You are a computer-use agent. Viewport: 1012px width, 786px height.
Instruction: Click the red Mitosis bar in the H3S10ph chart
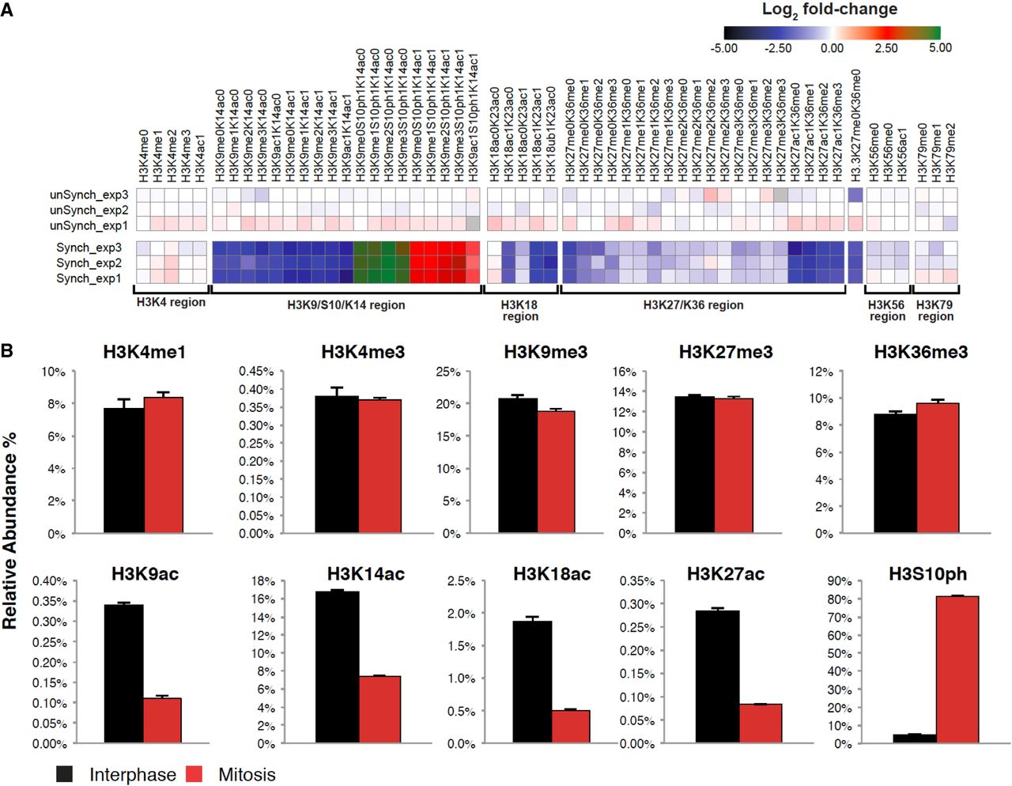pos(957,669)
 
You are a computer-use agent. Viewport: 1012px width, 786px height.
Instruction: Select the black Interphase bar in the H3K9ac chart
pos(123,673)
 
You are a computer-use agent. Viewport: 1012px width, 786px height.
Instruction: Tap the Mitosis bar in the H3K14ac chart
pos(379,709)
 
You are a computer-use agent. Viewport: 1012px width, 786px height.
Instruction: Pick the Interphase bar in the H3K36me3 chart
pos(896,473)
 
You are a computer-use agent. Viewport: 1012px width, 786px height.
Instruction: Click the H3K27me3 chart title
pos(726,352)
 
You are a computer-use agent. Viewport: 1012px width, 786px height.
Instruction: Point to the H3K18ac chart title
pos(552,573)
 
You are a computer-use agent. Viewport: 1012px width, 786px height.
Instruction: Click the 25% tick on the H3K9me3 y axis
pos(448,372)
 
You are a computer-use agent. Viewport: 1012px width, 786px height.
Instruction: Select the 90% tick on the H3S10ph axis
pos(839,580)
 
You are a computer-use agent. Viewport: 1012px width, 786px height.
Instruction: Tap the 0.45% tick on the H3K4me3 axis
pos(256,372)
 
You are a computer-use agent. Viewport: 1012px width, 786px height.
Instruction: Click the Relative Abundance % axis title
pos(9,531)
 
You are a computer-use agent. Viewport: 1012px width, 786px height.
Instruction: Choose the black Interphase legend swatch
pos(64,773)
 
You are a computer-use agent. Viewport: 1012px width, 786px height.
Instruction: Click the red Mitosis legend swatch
pos(194,773)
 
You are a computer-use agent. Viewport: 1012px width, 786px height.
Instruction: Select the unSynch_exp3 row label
pos(89,195)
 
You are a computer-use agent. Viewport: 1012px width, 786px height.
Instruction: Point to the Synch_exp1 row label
pos(89,278)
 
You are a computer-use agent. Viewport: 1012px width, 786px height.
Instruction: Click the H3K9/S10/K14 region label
pos(346,305)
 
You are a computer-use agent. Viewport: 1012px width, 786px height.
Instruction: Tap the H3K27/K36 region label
pos(693,305)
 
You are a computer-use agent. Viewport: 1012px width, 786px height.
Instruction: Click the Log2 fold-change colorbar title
pos(829,9)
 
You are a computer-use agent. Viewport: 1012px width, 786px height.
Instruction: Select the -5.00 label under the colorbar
pos(723,48)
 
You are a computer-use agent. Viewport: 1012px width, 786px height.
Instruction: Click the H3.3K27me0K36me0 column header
pos(855,126)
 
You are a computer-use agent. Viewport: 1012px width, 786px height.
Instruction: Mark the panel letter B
pos(7,351)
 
